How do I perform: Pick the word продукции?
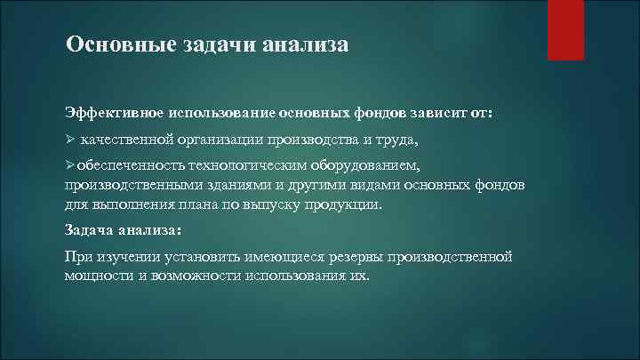coord(348,204)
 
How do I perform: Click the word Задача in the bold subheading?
coord(92,229)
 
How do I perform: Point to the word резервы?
coord(355,256)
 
